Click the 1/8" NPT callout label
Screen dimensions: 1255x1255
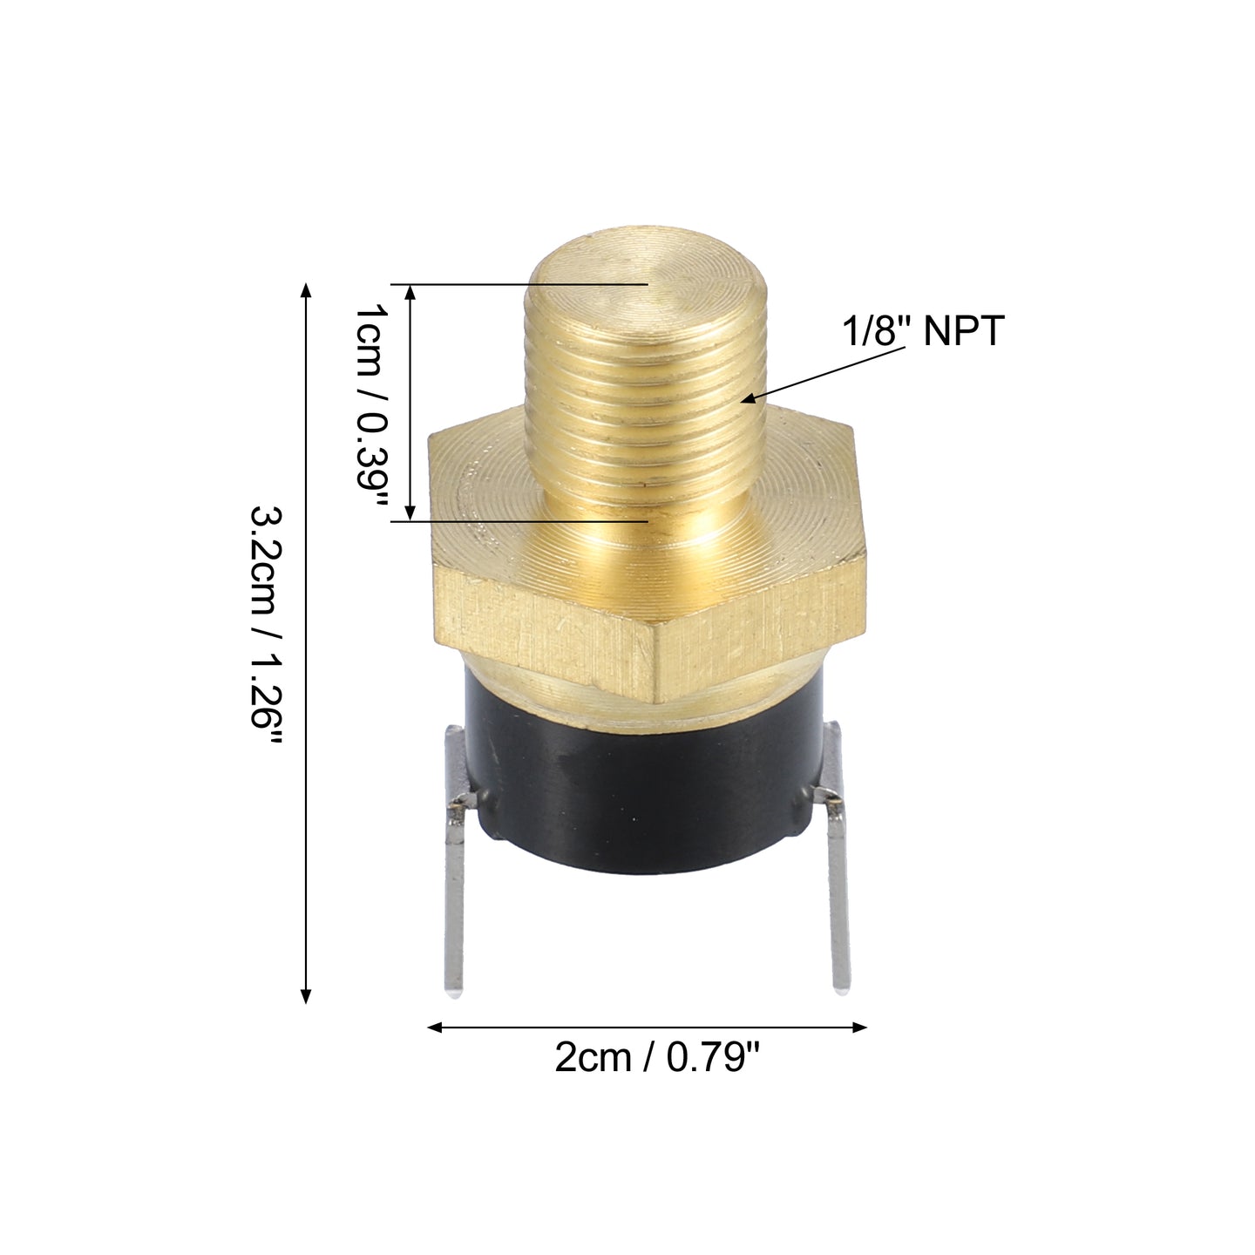(923, 331)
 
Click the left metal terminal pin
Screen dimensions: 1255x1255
(455, 866)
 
